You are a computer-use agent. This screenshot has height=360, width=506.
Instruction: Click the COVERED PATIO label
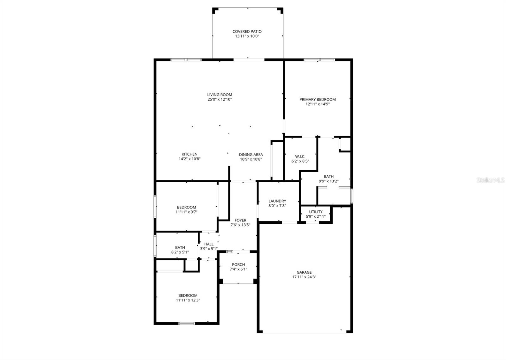247,31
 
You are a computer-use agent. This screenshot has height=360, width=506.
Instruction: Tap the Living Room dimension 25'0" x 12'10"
219,99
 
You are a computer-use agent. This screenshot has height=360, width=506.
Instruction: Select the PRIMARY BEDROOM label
318,99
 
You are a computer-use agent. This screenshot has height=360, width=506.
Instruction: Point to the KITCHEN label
189,154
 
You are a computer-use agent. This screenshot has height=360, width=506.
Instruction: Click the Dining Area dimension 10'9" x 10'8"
251,159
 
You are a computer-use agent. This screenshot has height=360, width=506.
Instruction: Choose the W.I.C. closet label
300,157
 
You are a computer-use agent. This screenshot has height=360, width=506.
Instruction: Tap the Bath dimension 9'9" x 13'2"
329,181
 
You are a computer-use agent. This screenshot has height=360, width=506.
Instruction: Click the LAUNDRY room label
277,201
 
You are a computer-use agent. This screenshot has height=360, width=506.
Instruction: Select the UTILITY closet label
316,212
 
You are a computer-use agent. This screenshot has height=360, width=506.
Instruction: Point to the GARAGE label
304,272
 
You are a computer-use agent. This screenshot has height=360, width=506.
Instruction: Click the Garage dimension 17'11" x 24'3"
304,277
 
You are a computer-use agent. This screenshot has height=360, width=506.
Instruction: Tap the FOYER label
240,220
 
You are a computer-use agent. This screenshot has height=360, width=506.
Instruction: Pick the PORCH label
238,264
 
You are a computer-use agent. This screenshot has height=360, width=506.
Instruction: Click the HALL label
209,244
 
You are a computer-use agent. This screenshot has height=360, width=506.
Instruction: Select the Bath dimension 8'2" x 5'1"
180,252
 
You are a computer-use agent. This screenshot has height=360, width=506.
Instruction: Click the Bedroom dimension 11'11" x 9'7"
187,212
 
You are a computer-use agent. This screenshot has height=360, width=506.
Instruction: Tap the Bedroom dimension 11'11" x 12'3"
188,300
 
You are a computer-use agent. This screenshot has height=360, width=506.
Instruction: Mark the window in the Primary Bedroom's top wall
319,59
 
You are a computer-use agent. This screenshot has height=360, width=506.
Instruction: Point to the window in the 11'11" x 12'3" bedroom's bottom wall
187,323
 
